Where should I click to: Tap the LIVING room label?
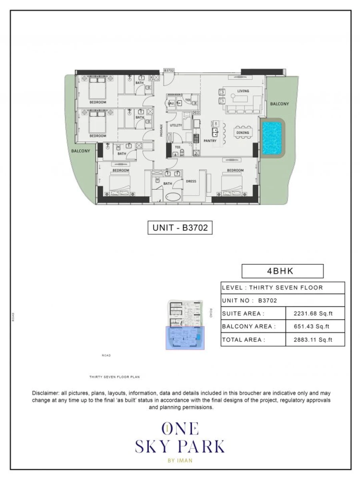tap(243, 91)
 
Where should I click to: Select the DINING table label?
tap(242, 133)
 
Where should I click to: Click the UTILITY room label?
tap(176, 126)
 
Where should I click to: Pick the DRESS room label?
tap(191, 181)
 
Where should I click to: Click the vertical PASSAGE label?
tap(161, 130)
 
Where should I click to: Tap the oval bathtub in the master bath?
tap(173, 198)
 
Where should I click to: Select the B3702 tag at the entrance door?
tap(169, 70)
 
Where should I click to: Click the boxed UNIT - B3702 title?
tap(180, 228)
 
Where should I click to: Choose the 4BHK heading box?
tap(282, 271)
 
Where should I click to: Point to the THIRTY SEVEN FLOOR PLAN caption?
tap(114, 377)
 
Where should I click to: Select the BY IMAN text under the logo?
tap(180, 460)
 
